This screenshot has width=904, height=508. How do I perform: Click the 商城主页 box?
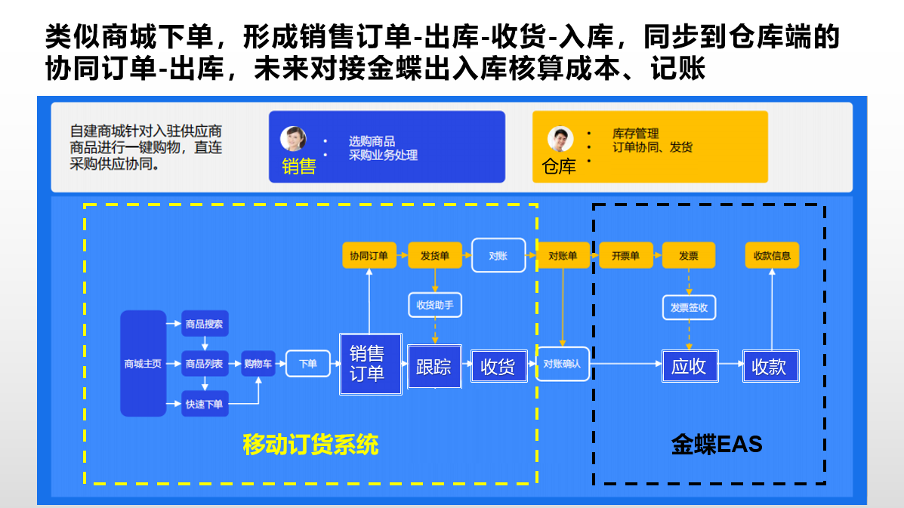(143, 363)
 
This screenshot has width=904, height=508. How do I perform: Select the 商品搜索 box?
(204, 324)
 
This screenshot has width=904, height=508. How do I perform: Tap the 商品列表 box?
(204, 364)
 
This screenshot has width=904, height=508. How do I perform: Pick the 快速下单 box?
(204, 404)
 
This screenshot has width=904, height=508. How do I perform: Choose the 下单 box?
(307, 364)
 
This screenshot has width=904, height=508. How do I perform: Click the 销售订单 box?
(369, 364)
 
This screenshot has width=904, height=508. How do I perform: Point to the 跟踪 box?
(434, 367)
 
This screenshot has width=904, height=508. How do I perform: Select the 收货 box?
(498, 366)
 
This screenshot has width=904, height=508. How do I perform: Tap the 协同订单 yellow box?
(369, 256)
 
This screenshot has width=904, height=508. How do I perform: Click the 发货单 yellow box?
(434, 256)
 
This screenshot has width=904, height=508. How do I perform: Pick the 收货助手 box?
(434, 305)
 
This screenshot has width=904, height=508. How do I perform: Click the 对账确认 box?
(563, 364)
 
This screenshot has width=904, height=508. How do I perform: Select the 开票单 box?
(625, 256)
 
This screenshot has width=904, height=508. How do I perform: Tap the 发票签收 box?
(689, 307)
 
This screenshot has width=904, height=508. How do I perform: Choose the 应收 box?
(689, 366)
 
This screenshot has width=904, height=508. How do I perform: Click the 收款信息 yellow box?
(772, 256)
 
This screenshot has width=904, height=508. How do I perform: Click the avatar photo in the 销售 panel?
(293, 138)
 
